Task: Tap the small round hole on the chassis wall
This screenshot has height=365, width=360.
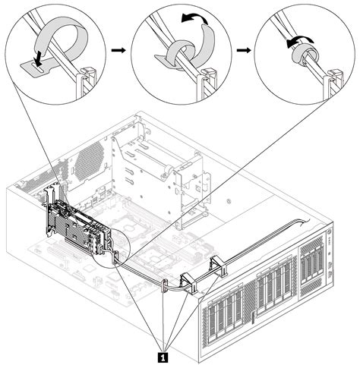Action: [227, 202]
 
